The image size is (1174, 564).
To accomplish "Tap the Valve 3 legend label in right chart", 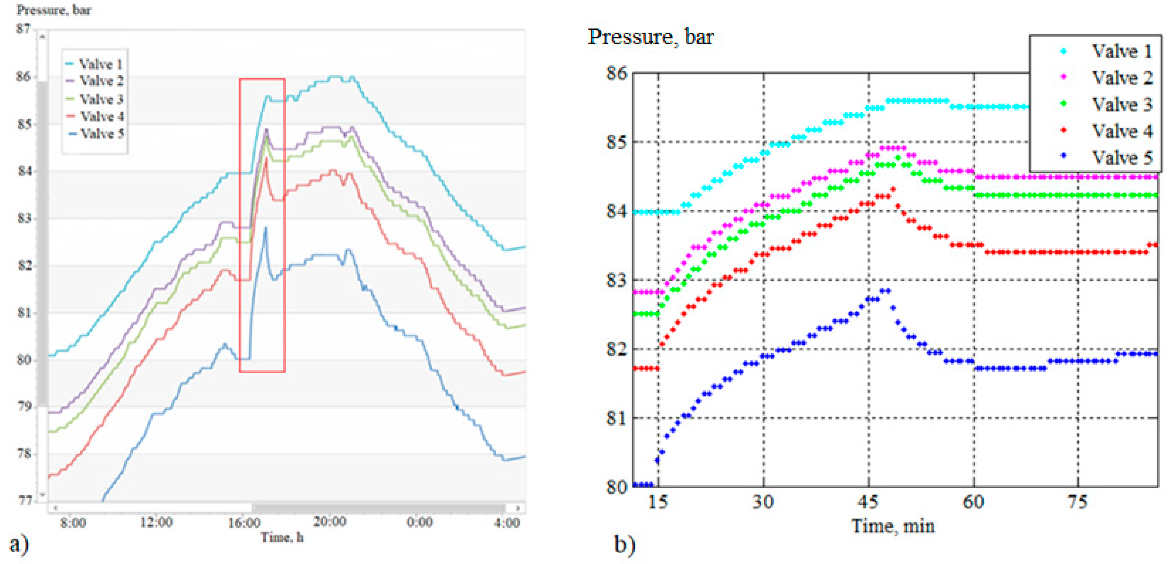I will click(x=1121, y=104).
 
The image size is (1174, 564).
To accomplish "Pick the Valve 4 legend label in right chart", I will click(x=1121, y=131).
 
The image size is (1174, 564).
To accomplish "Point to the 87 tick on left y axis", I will click(x=23, y=29).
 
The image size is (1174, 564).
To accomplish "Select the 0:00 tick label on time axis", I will click(x=419, y=522).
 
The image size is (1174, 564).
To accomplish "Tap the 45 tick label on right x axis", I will click(x=867, y=502).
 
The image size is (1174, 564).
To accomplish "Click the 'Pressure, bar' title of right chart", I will click(x=650, y=37).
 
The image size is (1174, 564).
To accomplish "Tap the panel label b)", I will click(x=624, y=544).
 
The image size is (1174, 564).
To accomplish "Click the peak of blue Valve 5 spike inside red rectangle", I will click(x=266, y=227).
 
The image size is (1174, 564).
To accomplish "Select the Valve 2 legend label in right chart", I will click(x=1121, y=77).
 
